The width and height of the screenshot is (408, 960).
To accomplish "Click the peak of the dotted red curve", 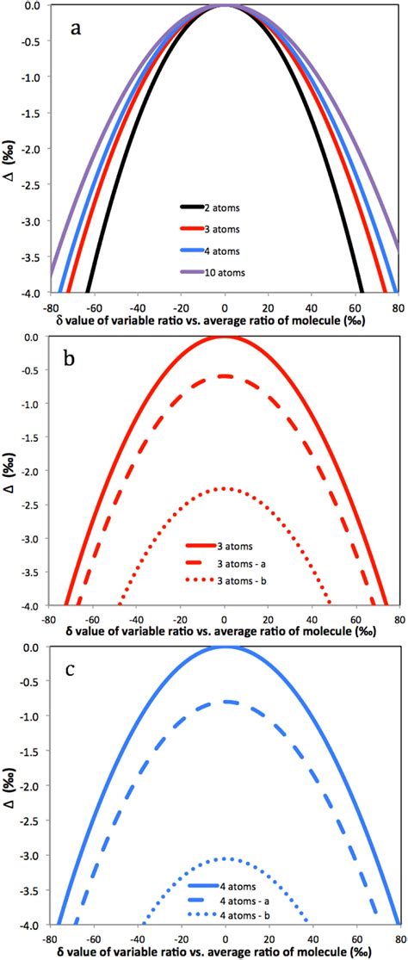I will pyautogui.click(x=224, y=488).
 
